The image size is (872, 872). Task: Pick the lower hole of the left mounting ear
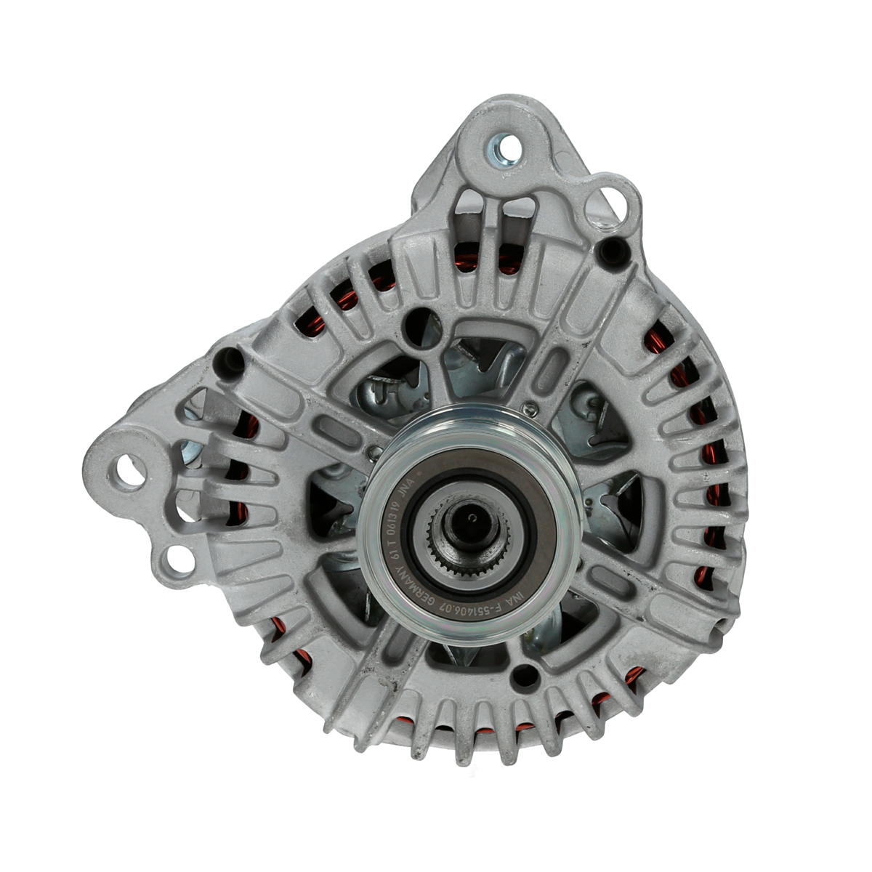(x=177, y=560)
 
